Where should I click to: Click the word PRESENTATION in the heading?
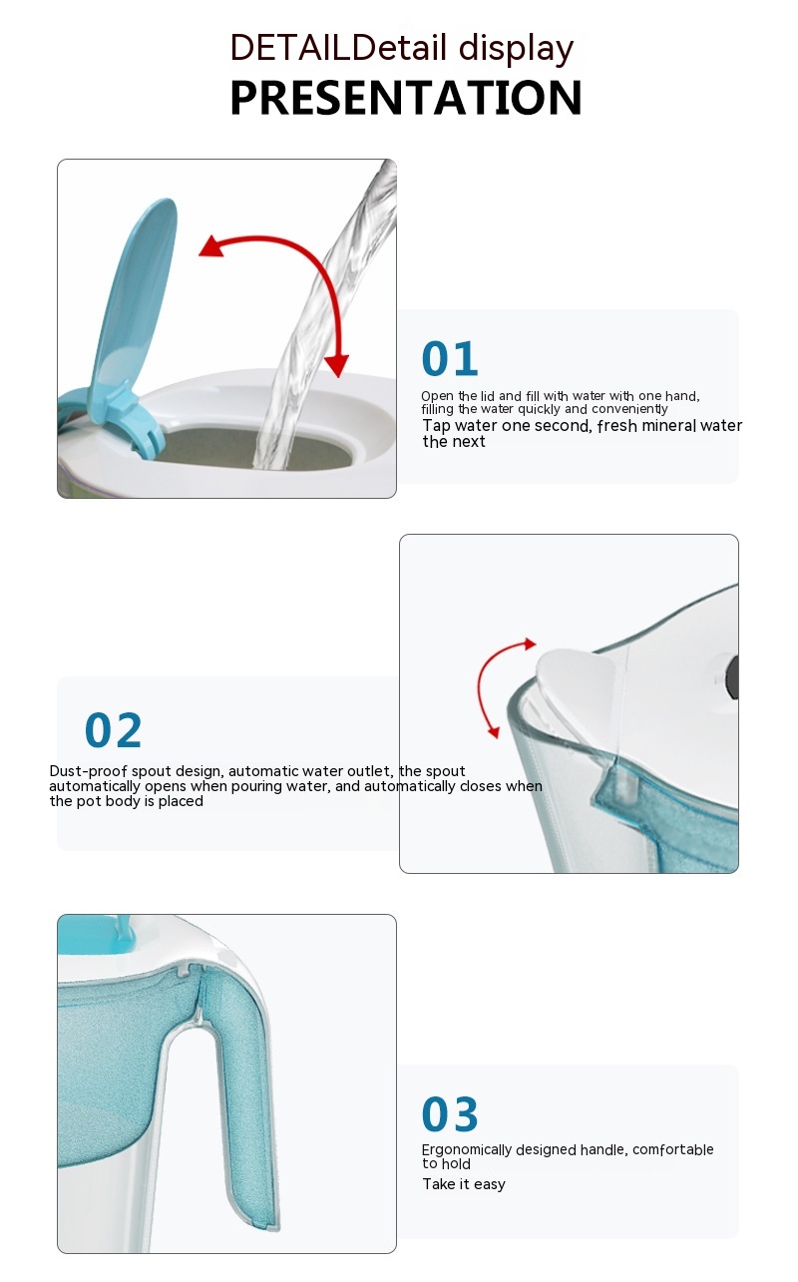tap(406, 98)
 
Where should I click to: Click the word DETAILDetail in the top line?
tap(338, 48)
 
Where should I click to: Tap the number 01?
tap(450, 359)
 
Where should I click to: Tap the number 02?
tap(113, 730)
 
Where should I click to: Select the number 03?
tap(450, 1114)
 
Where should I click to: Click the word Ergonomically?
tap(466, 1150)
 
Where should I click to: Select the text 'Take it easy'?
tap(464, 1184)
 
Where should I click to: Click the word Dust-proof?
tap(88, 771)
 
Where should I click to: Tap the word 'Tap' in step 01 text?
tap(437, 426)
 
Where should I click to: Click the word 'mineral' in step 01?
tap(669, 426)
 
